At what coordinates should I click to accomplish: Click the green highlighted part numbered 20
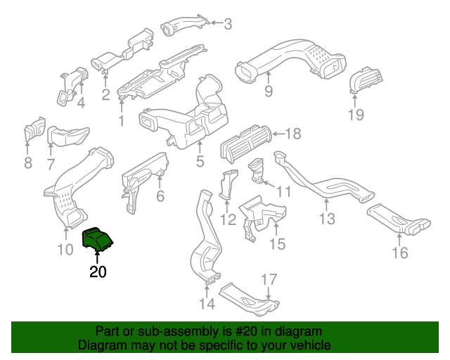[x=98, y=240]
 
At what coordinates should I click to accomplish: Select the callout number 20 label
[x=98, y=271]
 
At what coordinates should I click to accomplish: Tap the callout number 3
[x=227, y=25]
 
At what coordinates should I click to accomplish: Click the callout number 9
[x=268, y=91]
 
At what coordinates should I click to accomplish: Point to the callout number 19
[x=356, y=115]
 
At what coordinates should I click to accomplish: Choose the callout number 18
[x=293, y=134]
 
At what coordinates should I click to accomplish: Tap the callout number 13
[x=327, y=219]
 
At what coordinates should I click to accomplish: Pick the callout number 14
[x=207, y=304]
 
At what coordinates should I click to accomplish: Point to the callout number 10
[x=64, y=250]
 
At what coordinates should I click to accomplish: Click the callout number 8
[x=28, y=164]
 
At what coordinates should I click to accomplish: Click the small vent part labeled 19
[x=364, y=79]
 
